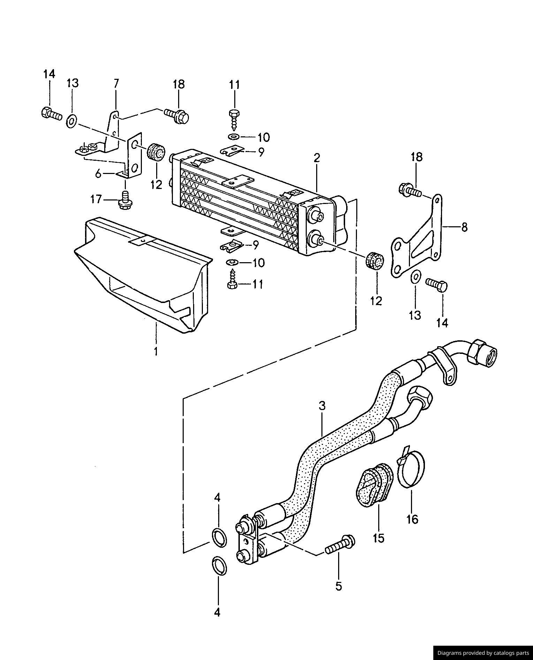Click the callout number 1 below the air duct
156,351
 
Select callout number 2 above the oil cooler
317,158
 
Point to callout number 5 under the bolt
338,586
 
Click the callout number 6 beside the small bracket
98,173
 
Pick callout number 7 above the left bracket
116,84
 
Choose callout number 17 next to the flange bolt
96,199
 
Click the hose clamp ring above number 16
411,466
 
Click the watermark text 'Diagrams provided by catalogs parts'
483,653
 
